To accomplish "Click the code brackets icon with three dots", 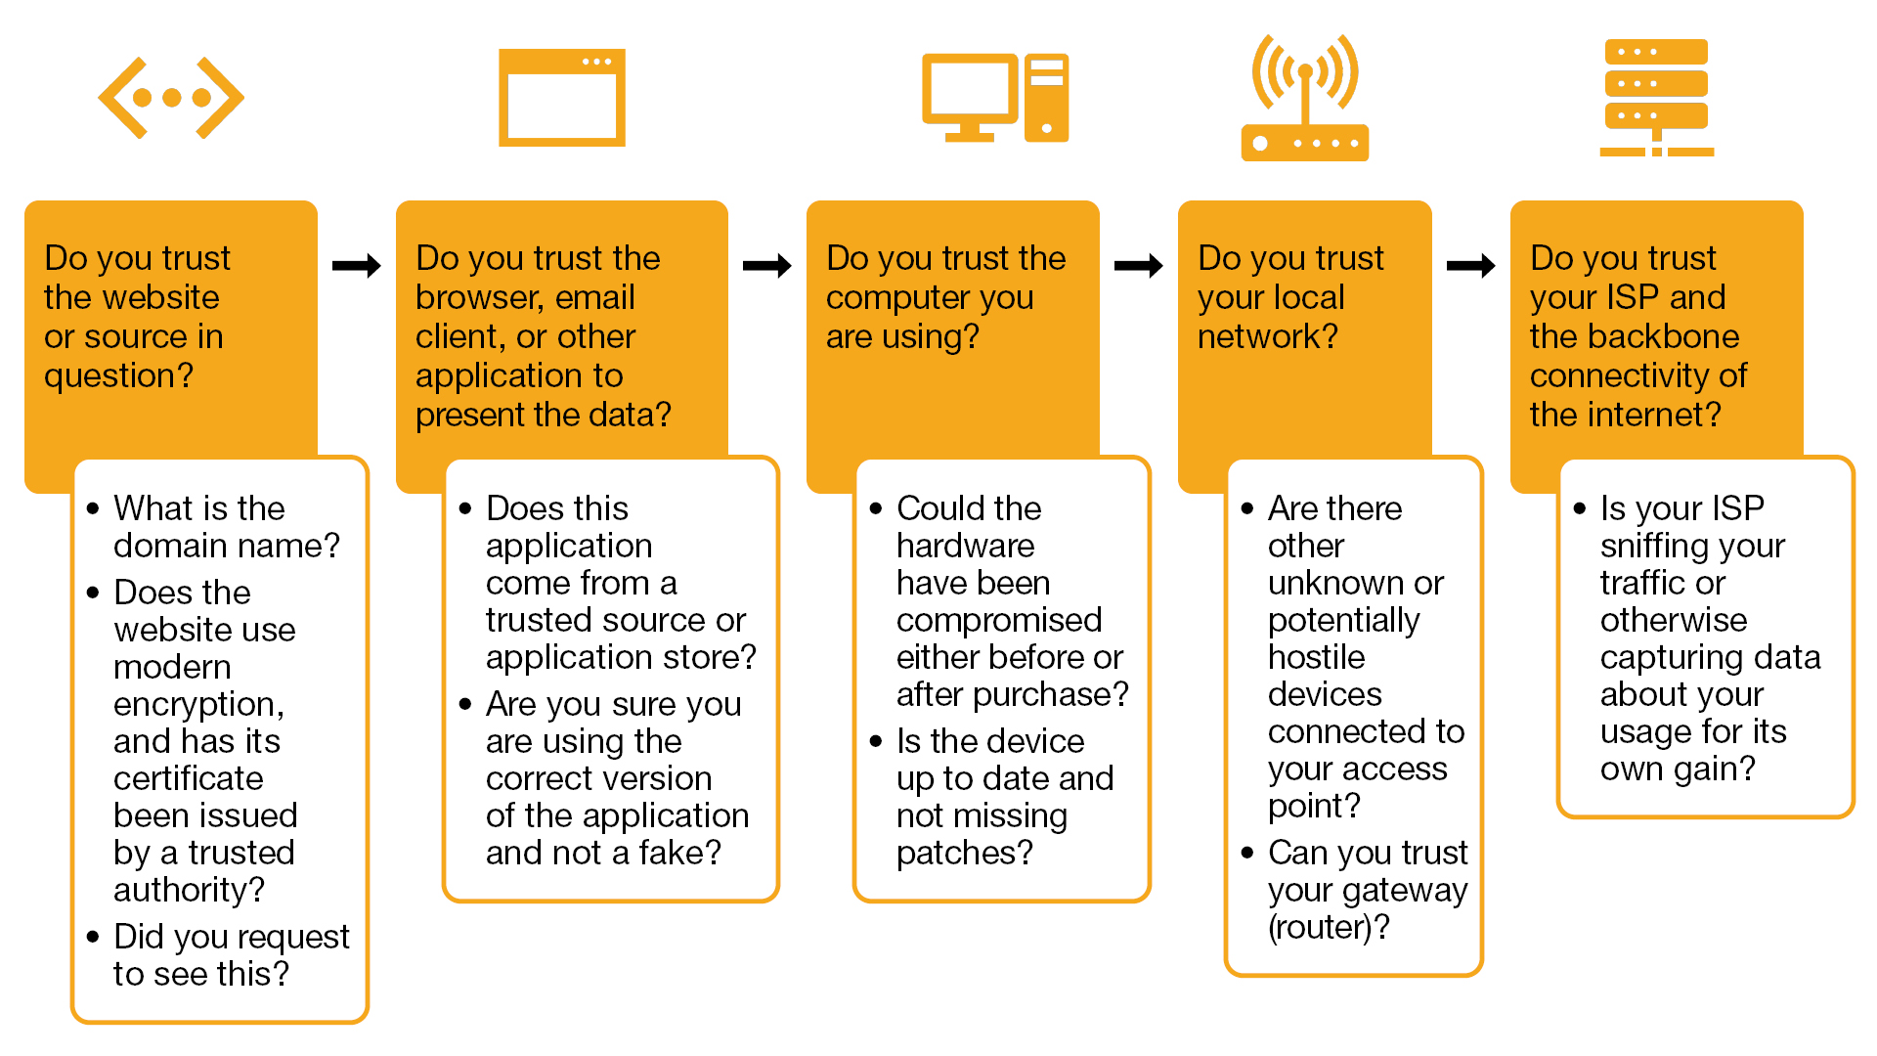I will coord(171,98).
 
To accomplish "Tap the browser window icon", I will coord(561,98).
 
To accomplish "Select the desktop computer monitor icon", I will coord(971,96).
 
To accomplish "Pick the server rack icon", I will coord(1656,98).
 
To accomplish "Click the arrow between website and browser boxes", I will coord(357,265).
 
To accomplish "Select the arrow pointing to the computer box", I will coord(767,265).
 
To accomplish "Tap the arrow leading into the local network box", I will coord(1139,265).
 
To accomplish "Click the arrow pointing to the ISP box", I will coord(1471,265).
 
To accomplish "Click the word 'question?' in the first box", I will coord(119,375).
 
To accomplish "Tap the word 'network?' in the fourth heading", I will coord(1268,336).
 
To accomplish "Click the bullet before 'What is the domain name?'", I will coord(93,508).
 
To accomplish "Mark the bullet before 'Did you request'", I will coord(93,937).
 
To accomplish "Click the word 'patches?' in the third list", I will coord(964,853).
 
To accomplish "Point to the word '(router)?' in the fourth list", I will coord(1328,927).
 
